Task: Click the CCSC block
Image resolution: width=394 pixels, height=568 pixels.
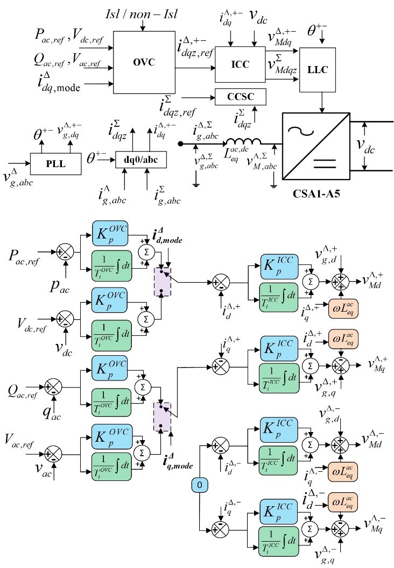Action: click(240, 97)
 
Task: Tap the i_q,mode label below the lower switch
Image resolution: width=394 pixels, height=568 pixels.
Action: click(166, 459)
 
